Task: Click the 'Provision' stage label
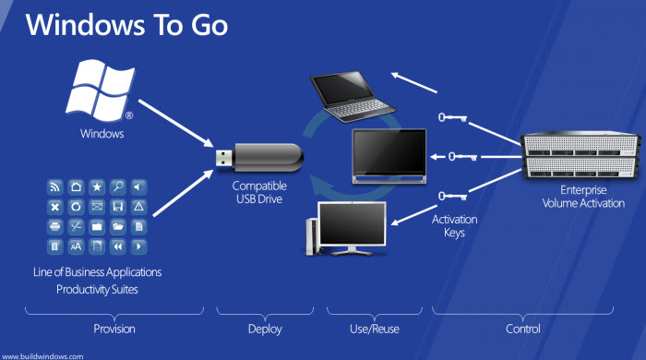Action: (114, 329)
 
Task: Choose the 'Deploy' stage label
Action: (264, 329)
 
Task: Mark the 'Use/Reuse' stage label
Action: (364, 329)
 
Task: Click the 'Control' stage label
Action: (522, 329)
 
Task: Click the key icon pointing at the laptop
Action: (452, 119)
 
